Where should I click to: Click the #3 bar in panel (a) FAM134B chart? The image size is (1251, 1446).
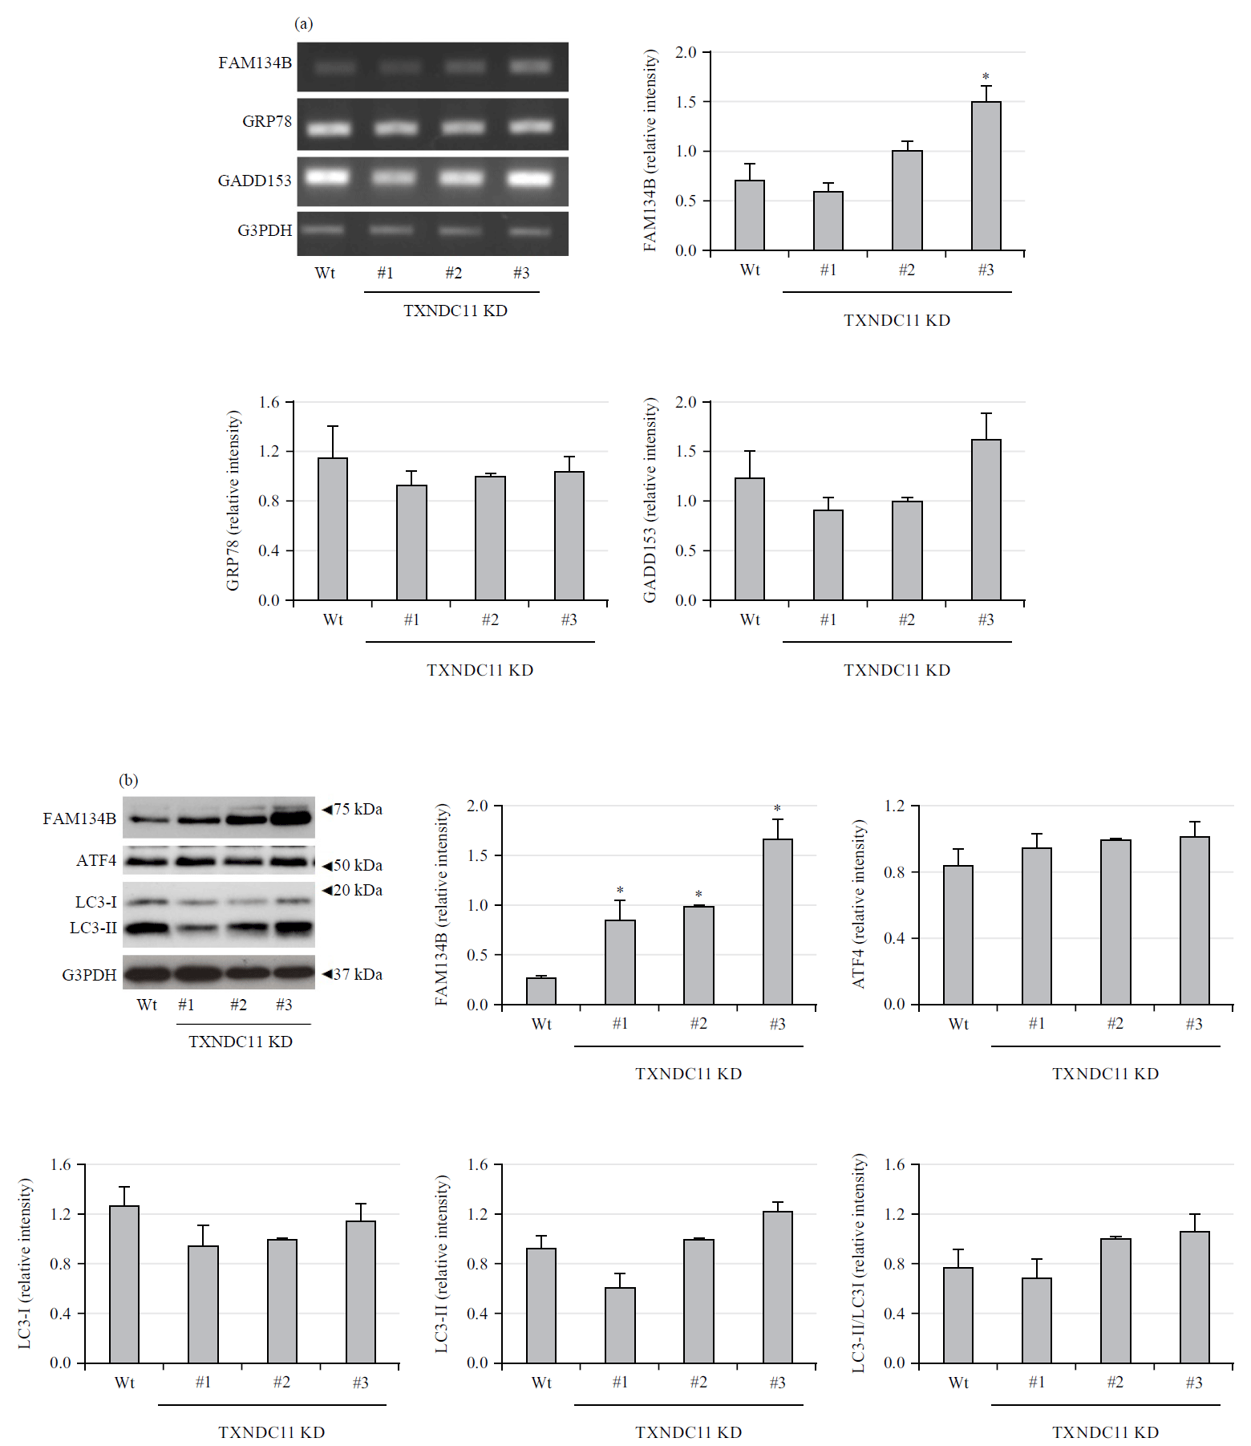[x=986, y=176]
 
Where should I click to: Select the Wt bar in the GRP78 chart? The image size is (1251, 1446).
[x=333, y=529]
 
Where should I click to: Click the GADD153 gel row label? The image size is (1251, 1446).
[x=254, y=181]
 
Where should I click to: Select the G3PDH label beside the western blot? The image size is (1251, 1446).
[x=89, y=975]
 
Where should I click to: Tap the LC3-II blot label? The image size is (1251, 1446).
[x=93, y=928]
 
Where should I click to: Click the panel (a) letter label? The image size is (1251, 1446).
[x=304, y=23]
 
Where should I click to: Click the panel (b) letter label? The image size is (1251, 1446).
[x=128, y=780]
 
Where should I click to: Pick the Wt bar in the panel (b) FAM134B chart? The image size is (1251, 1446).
[x=541, y=991]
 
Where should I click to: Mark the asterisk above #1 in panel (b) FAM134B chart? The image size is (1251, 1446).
[x=620, y=891]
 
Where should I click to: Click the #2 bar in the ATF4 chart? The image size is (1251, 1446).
[x=1115, y=922]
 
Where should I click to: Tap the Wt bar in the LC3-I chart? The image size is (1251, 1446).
[x=124, y=1284]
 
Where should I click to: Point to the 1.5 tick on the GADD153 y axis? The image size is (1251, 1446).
[x=686, y=451]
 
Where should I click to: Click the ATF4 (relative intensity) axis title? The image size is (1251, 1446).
[x=859, y=904]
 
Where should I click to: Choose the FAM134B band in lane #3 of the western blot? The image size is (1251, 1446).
[x=291, y=818]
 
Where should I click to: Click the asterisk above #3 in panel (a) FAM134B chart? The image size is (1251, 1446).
[x=986, y=76]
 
